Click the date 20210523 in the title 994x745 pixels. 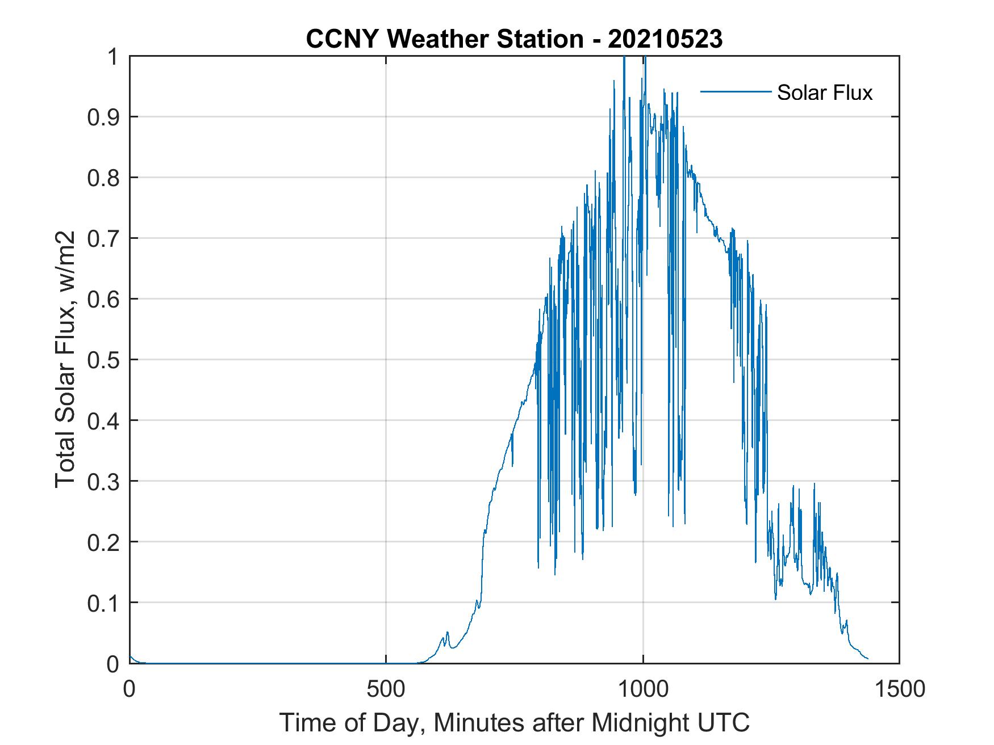click(665, 39)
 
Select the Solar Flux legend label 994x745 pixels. click(824, 92)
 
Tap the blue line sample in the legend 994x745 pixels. click(736, 92)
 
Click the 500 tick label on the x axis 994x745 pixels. click(386, 689)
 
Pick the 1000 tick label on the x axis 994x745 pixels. click(643, 689)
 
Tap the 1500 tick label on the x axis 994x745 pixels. click(899, 689)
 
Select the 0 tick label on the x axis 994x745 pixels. click(130, 689)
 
